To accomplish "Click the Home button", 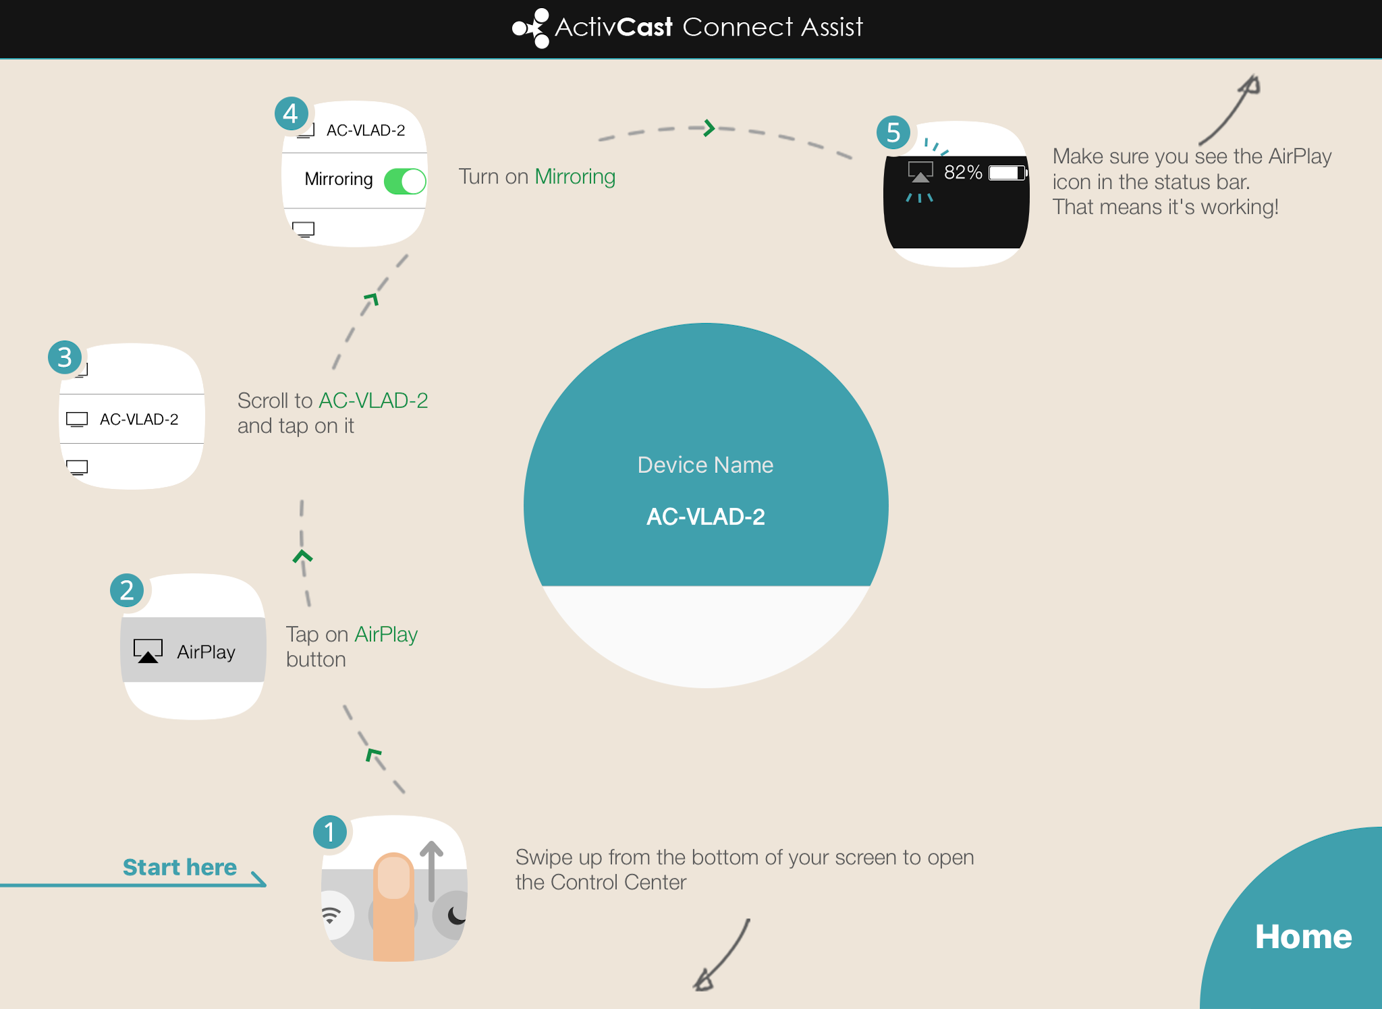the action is tap(1303, 936).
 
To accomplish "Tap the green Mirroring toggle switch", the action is tap(405, 181).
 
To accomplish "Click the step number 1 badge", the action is tap(330, 832).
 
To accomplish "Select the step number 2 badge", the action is tap(127, 590).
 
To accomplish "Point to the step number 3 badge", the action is tap(65, 357).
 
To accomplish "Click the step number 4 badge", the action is tap(291, 113).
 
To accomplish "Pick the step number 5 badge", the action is tap(893, 132).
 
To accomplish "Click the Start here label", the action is tap(179, 867).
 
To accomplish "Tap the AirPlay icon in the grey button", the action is tap(148, 652).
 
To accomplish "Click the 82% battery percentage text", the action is tap(963, 173).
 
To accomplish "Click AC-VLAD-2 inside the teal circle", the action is tap(706, 517).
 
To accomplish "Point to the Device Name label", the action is tap(705, 465).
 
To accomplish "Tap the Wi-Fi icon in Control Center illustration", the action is tap(331, 915).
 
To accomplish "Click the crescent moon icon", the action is tap(457, 915).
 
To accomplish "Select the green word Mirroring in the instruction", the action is tap(575, 177).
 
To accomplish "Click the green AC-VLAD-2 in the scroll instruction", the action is tap(373, 401).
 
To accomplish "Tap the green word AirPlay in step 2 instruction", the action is tap(386, 635).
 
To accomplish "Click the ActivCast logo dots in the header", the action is tap(531, 28).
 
